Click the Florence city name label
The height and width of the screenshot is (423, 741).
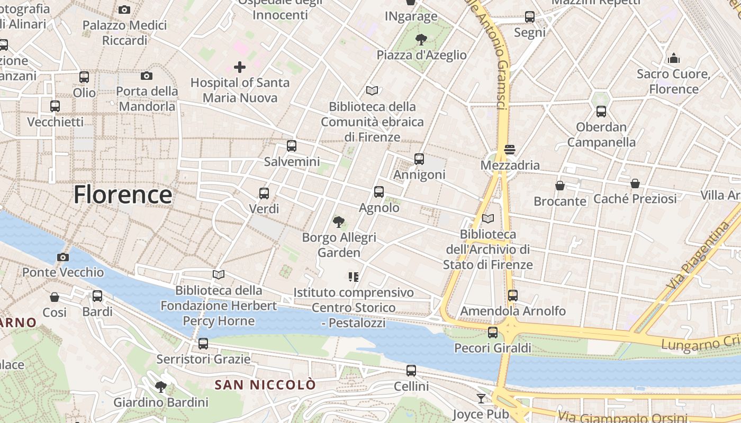(x=123, y=195)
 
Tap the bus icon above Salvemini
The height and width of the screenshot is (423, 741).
(x=291, y=146)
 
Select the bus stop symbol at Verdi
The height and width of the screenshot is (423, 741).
(x=264, y=194)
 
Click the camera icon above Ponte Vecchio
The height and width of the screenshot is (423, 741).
(x=63, y=258)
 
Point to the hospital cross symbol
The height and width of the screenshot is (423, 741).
(x=240, y=67)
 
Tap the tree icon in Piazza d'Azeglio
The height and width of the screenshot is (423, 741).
(x=421, y=39)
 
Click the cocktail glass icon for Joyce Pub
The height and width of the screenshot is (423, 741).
(x=481, y=399)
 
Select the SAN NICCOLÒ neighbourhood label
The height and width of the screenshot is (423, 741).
(x=265, y=385)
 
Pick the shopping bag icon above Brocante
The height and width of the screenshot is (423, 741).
(x=560, y=186)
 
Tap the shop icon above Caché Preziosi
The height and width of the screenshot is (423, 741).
(x=635, y=183)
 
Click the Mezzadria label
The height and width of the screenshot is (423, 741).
(x=510, y=165)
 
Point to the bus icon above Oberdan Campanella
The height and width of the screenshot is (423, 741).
(x=601, y=112)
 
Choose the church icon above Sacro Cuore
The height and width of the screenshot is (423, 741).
(x=674, y=58)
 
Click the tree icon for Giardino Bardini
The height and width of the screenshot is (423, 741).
(x=161, y=387)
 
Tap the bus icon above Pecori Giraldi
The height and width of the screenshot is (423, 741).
(x=493, y=333)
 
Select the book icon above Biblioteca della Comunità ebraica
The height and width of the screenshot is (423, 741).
(x=372, y=91)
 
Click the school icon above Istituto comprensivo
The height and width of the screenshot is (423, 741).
(x=354, y=277)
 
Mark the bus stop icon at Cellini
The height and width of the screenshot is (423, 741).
(x=411, y=371)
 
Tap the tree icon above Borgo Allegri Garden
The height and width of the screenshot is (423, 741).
(x=339, y=222)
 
